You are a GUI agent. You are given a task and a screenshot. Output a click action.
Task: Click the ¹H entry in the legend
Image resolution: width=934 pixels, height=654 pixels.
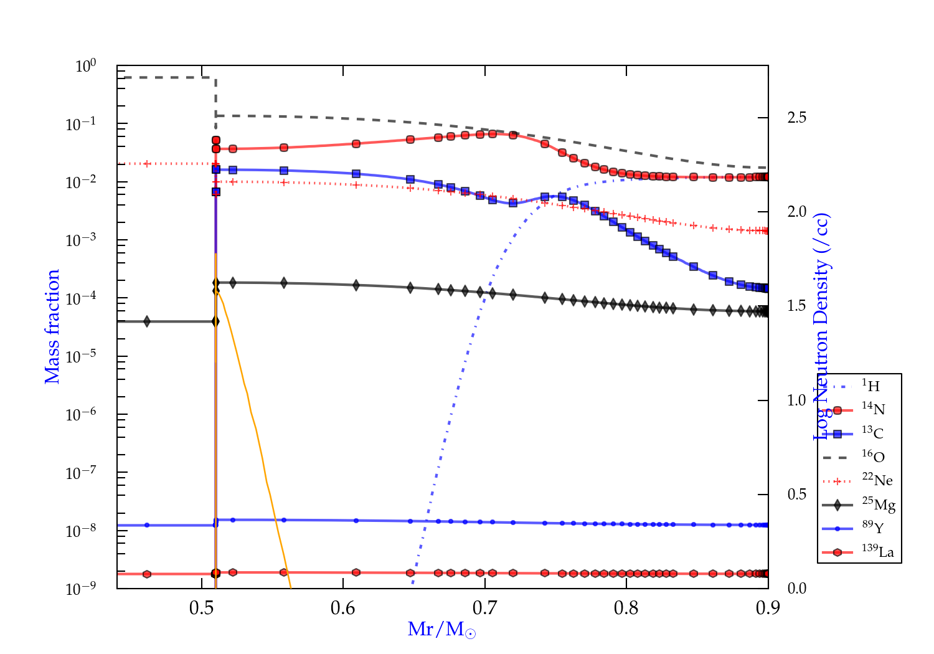pyautogui.click(x=870, y=386)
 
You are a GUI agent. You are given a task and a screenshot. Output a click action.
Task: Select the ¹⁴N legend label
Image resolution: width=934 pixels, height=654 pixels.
pyautogui.click(x=873, y=409)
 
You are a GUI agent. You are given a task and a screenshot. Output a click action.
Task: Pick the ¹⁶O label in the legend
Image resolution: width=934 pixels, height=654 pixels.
pyautogui.click(x=873, y=457)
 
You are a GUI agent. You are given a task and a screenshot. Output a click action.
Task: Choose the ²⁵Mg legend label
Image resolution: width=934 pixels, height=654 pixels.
pyautogui.click(x=879, y=504)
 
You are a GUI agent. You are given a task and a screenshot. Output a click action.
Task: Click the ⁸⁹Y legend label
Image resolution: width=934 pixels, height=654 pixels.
pyautogui.click(x=873, y=528)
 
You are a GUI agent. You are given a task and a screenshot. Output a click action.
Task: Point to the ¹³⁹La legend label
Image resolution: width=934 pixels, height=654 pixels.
pyautogui.click(x=878, y=551)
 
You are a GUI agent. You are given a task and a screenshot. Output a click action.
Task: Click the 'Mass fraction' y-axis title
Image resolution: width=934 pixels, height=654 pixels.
pyautogui.click(x=52, y=326)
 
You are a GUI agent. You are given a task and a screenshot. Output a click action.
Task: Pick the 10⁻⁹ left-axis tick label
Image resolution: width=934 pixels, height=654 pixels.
pyautogui.click(x=81, y=589)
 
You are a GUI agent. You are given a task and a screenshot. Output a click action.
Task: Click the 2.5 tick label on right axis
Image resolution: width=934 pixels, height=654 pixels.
pyautogui.click(x=796, y=117)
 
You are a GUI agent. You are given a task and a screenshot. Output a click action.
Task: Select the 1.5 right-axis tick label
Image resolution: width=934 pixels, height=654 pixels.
pyautogui.click(x=796, y=306)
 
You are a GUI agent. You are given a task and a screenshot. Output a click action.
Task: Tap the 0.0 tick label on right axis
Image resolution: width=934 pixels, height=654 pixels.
pyautogui.click(x=796, y=589)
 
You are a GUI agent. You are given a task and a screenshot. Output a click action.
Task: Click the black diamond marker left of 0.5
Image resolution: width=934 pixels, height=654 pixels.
pyautogui.click(x=147, y=321)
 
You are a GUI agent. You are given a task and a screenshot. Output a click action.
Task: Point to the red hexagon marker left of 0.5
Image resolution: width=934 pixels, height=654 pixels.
pyautogui.click(x=147, y=574)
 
